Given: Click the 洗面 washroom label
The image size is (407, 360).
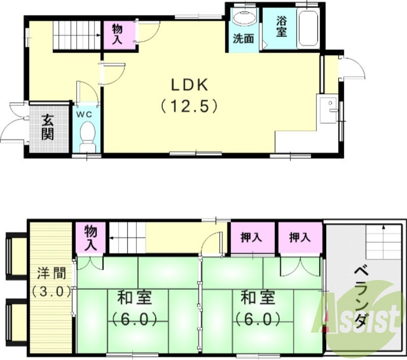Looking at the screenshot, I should tap(243, 39).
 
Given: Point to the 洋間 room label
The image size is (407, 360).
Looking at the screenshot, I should tap(50, 273).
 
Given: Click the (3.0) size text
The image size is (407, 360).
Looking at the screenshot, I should tap(50, 292).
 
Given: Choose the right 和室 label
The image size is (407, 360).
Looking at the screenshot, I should tap(258, 297).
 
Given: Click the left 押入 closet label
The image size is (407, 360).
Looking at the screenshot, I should tap(251, 237).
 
